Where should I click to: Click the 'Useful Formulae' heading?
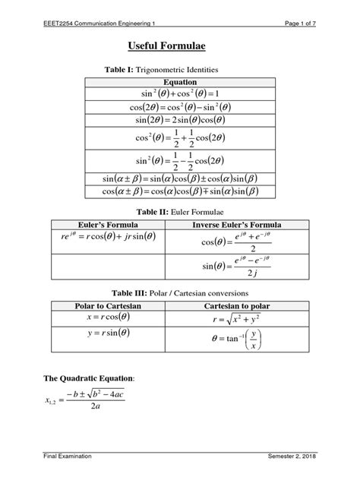coord(179,46)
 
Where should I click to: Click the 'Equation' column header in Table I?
coord(179,81)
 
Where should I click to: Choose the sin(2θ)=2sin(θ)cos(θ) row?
coord(179,120)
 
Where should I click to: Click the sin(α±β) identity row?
coord(179,178)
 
